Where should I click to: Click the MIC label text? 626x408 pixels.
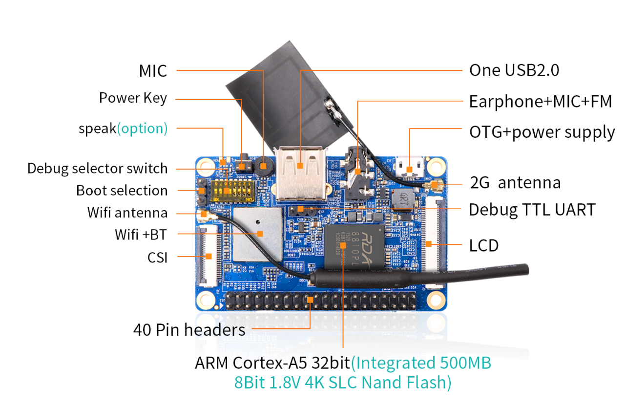[153, 71]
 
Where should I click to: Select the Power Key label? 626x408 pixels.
[133, 98]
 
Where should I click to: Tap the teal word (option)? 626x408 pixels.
[142, 129]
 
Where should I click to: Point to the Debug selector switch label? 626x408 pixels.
[97, 169]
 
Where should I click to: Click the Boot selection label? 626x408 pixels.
[122, 191]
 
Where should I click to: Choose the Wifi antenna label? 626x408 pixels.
[127, 213]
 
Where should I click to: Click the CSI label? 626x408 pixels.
[157, 257]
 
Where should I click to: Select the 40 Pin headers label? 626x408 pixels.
[189, 330]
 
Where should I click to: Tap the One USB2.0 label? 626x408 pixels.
[514, 70]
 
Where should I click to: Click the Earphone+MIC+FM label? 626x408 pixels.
[540, 102]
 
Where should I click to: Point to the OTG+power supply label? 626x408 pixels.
[542, 132]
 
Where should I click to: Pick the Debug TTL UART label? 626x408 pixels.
[532, 210]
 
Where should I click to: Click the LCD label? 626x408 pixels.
[483, 245]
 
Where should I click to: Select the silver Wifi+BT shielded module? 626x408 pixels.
[258, 234]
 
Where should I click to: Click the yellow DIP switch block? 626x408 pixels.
[234, 192]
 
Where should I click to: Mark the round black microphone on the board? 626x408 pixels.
[264, 166]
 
